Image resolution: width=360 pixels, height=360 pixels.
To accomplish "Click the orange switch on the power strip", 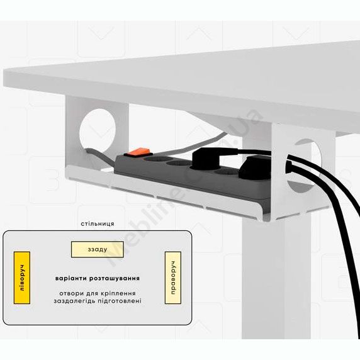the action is click(138, 152).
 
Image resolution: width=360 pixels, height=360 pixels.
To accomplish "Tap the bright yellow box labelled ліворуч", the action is click(22, 278).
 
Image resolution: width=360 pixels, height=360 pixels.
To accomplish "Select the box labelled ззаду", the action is click(98, 249).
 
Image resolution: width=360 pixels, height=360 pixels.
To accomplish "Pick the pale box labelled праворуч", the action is click(173, 278).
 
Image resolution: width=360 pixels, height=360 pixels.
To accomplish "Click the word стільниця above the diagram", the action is click(98, 223).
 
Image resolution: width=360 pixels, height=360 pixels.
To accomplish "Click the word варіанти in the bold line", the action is click(71, 278).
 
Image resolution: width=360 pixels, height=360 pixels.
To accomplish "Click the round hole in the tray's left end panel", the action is click(98, 131).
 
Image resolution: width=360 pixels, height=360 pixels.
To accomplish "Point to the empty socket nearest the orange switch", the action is click(155, 159).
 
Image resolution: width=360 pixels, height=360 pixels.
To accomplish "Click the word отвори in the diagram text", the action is click(69, 293).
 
